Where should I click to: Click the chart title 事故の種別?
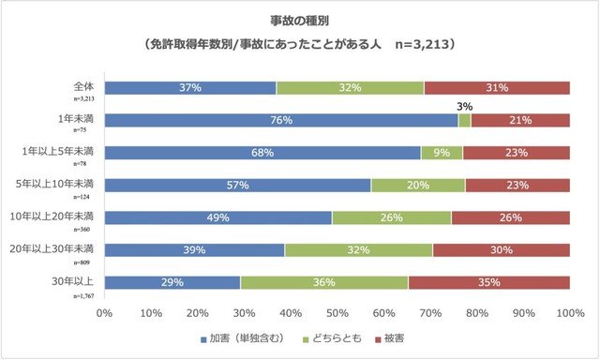coord(300,18)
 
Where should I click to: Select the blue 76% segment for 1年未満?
coord(281,120)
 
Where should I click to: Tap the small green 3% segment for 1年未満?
coord(464,120)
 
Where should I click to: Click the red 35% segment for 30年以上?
coord(488,282)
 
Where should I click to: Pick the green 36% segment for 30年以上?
coord(324,282)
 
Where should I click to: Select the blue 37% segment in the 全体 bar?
coord(190,88)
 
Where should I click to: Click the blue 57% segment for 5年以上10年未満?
coord(237,186)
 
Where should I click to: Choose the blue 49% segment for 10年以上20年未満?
coord(217,217)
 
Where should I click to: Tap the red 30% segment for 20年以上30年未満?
coord(501,250)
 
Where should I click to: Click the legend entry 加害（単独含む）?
coord(236,337)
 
